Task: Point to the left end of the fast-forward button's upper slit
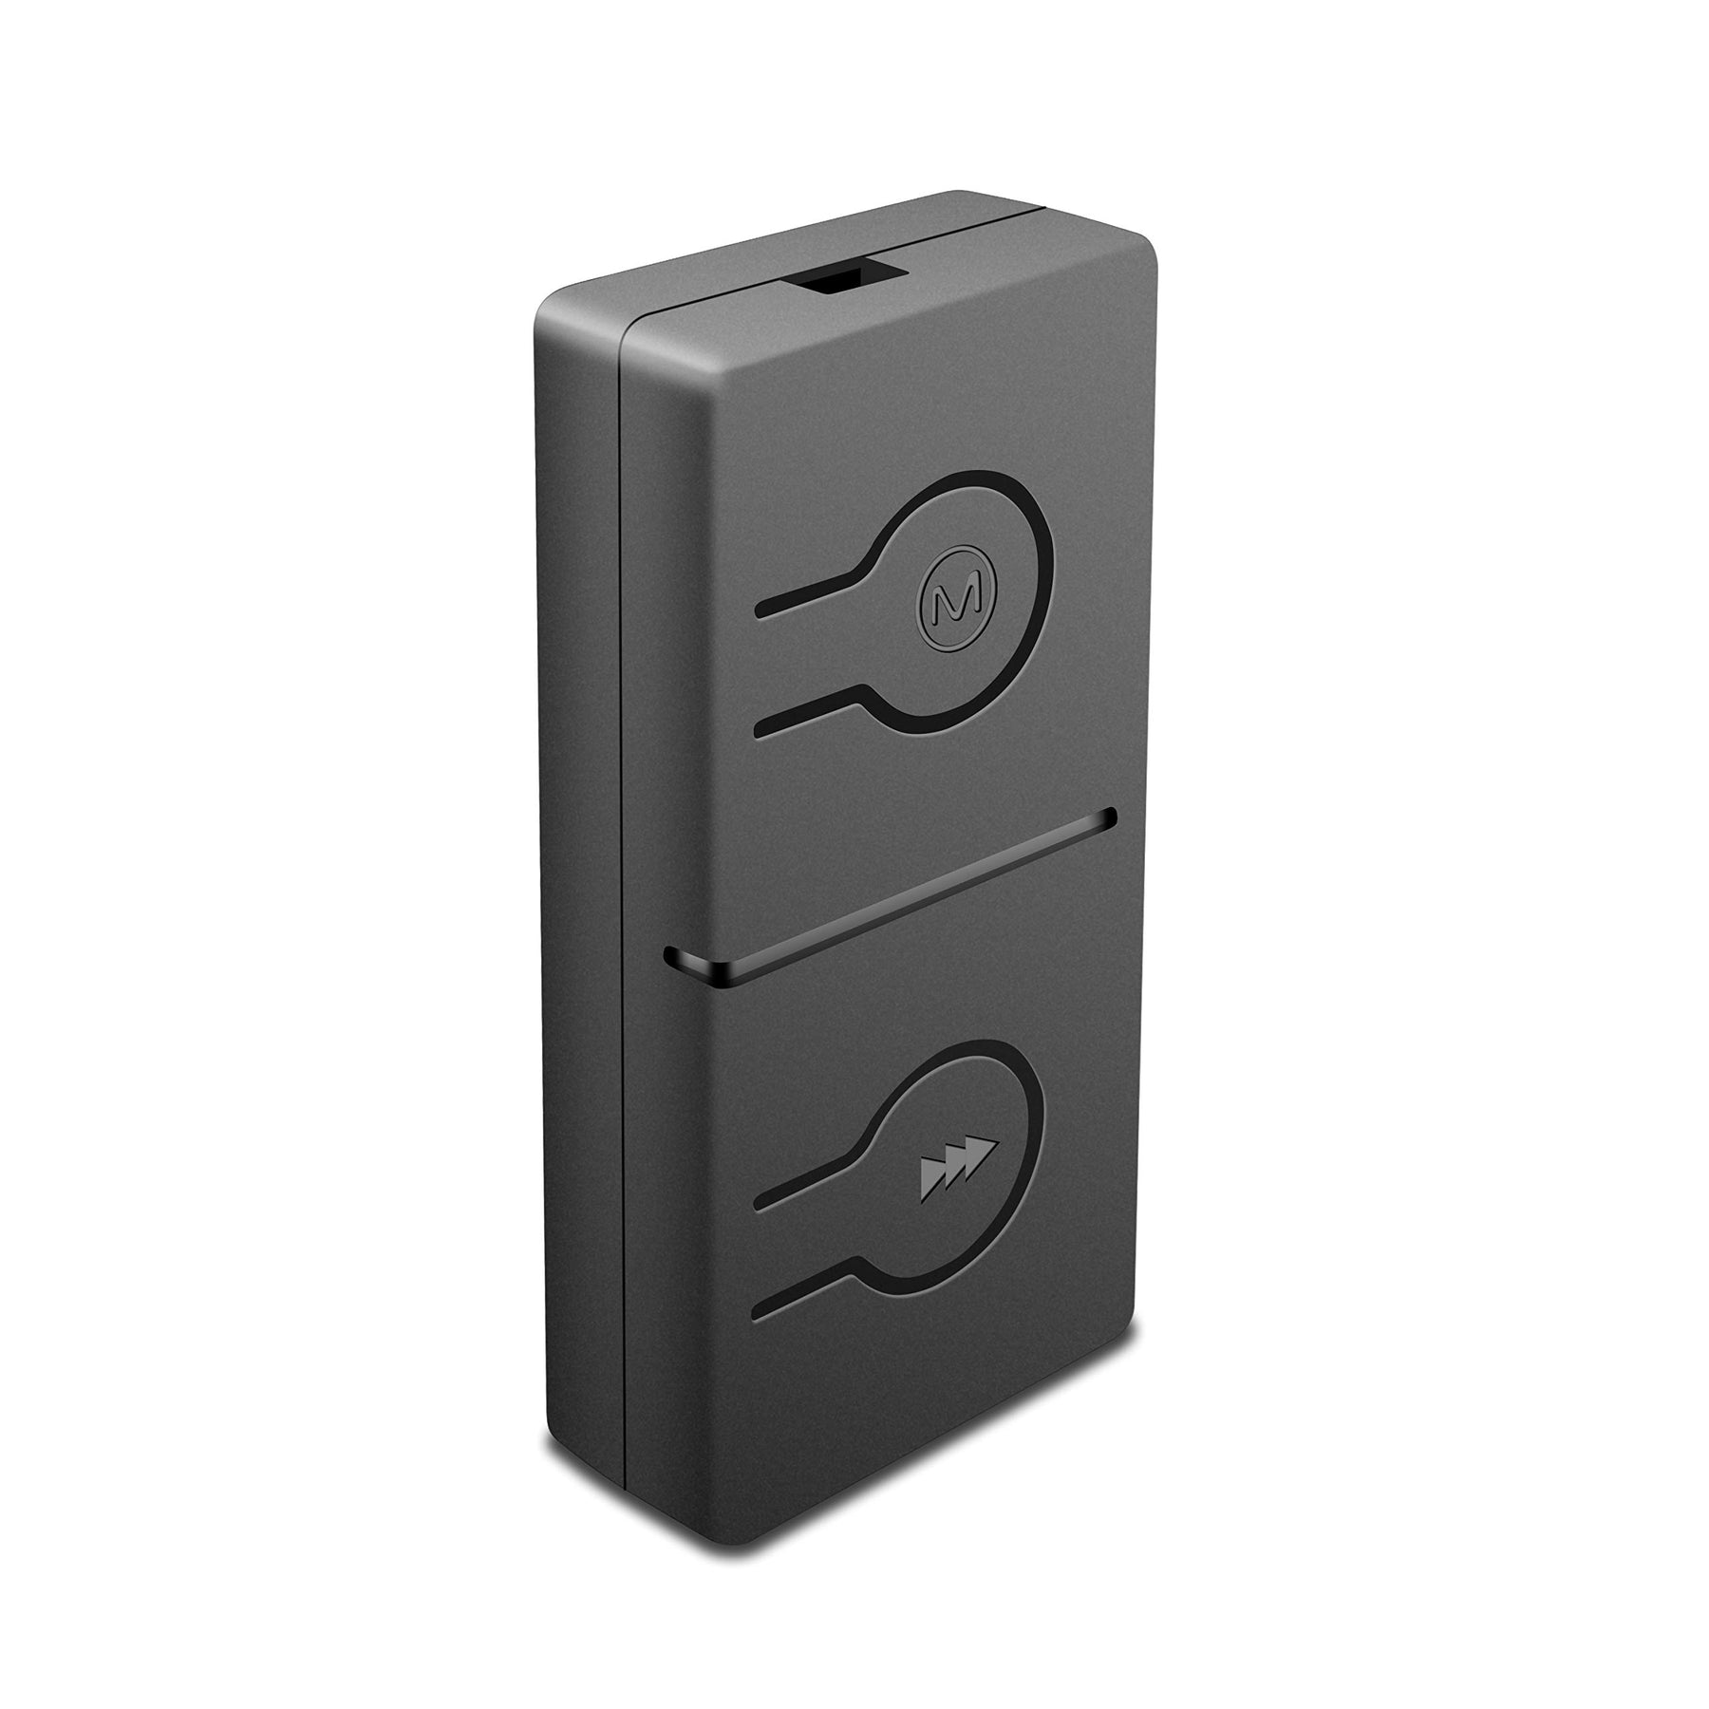[761, 1206]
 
